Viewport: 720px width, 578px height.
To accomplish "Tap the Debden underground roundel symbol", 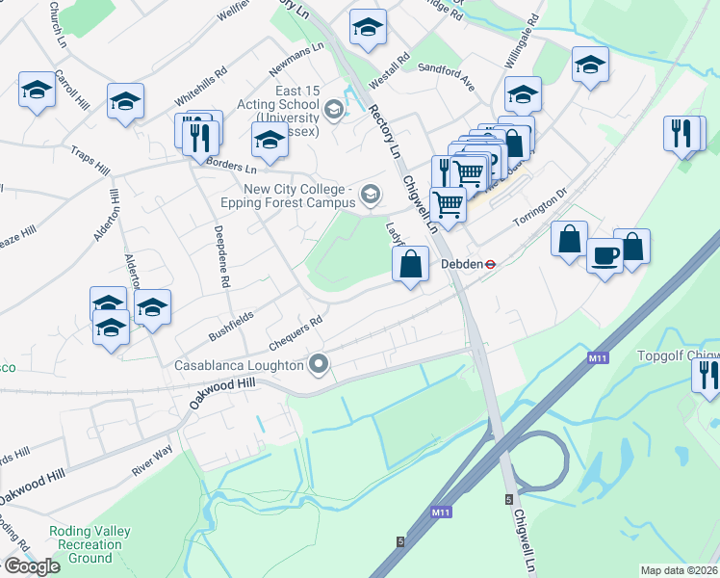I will [490, 263].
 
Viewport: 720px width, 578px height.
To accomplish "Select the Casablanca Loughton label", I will [238, 366].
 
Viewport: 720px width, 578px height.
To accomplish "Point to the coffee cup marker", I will [604, 255].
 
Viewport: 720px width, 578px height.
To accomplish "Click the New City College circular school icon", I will [369, 197].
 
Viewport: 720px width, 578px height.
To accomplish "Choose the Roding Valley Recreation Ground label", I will [90, 544].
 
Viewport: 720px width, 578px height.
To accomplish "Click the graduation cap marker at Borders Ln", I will [270, 140].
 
